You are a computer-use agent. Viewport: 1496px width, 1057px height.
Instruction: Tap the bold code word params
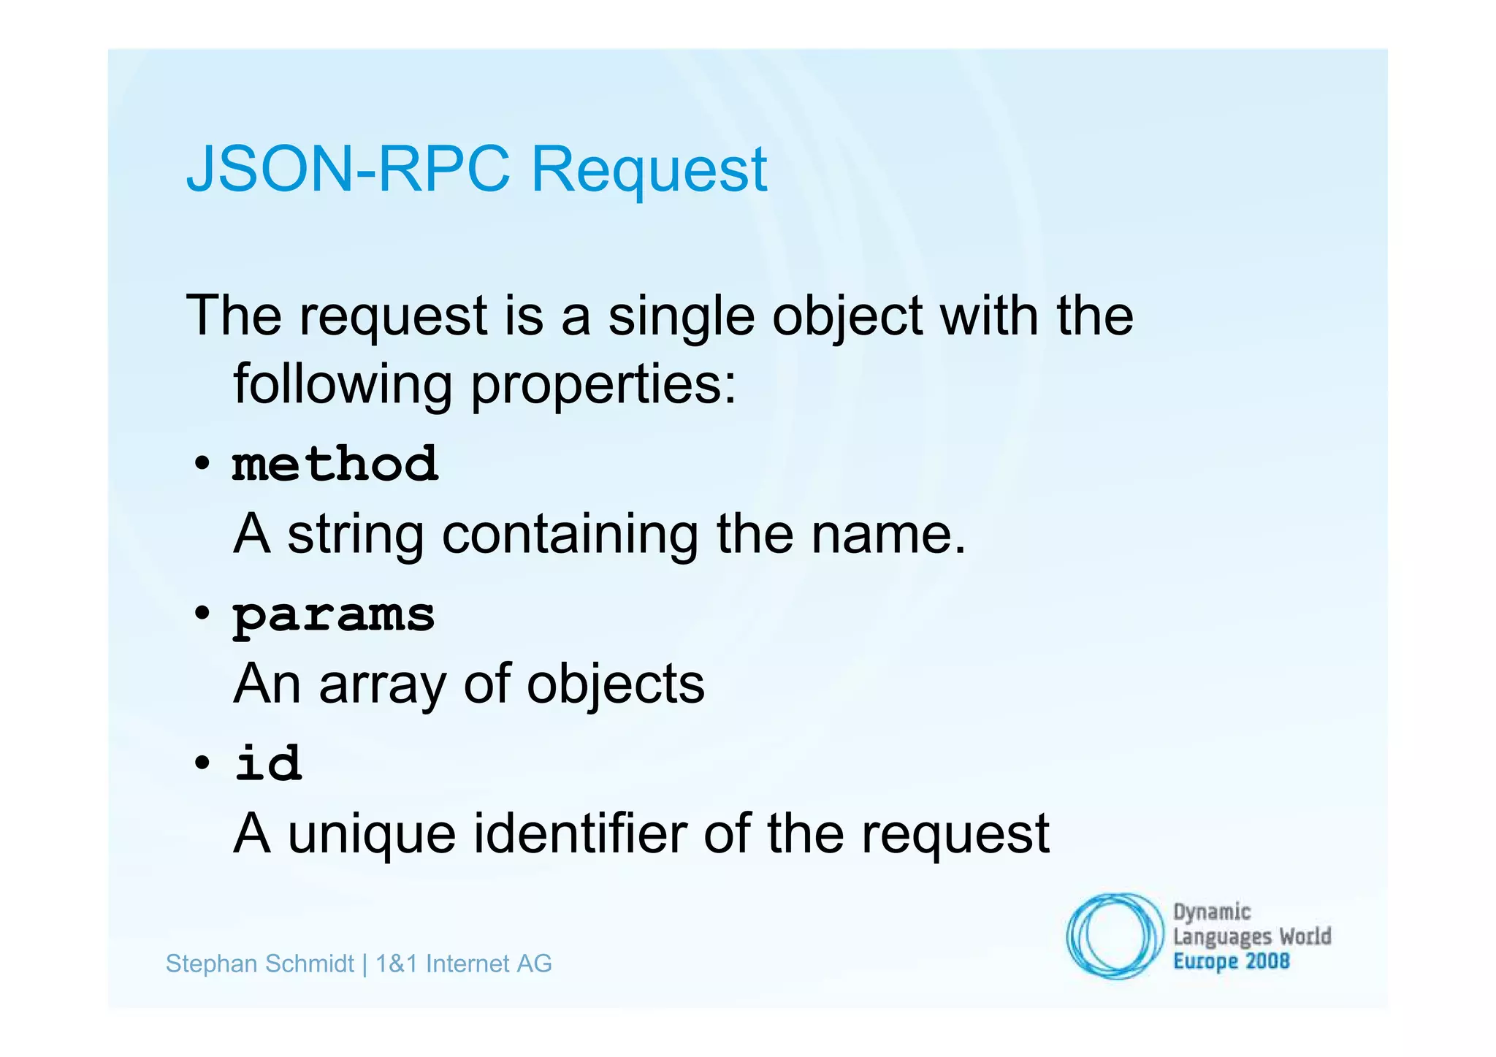coord(334,616)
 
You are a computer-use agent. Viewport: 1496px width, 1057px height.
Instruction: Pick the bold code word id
coord(268,763)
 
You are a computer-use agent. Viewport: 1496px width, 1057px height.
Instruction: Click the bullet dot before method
coord(202,465)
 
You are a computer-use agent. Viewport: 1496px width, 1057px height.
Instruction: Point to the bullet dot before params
coord(202,614)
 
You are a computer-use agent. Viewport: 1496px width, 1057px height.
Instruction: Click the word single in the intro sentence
coord(681,318)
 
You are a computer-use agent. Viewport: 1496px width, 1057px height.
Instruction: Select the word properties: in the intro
coord(603,385)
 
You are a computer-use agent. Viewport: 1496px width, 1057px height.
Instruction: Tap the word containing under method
coord(570,535)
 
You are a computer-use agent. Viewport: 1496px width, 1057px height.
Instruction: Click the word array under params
coord(382,685)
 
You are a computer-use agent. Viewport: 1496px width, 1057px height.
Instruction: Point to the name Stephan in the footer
coord(210,964)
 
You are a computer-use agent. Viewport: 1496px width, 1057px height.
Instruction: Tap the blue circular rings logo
coord(1114,936)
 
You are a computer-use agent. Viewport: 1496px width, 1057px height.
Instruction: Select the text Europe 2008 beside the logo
coord(1231,961)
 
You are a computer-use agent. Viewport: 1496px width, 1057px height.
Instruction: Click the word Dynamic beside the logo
coord(1212,912)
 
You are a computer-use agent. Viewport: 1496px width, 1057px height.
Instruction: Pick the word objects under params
coord(616,685)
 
